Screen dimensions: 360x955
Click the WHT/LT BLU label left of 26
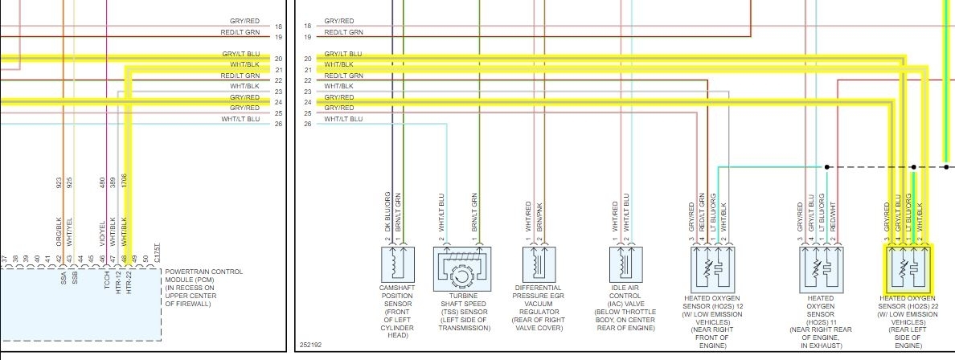click(x=241, y=120)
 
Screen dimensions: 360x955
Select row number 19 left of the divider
click(x=279, y=37)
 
